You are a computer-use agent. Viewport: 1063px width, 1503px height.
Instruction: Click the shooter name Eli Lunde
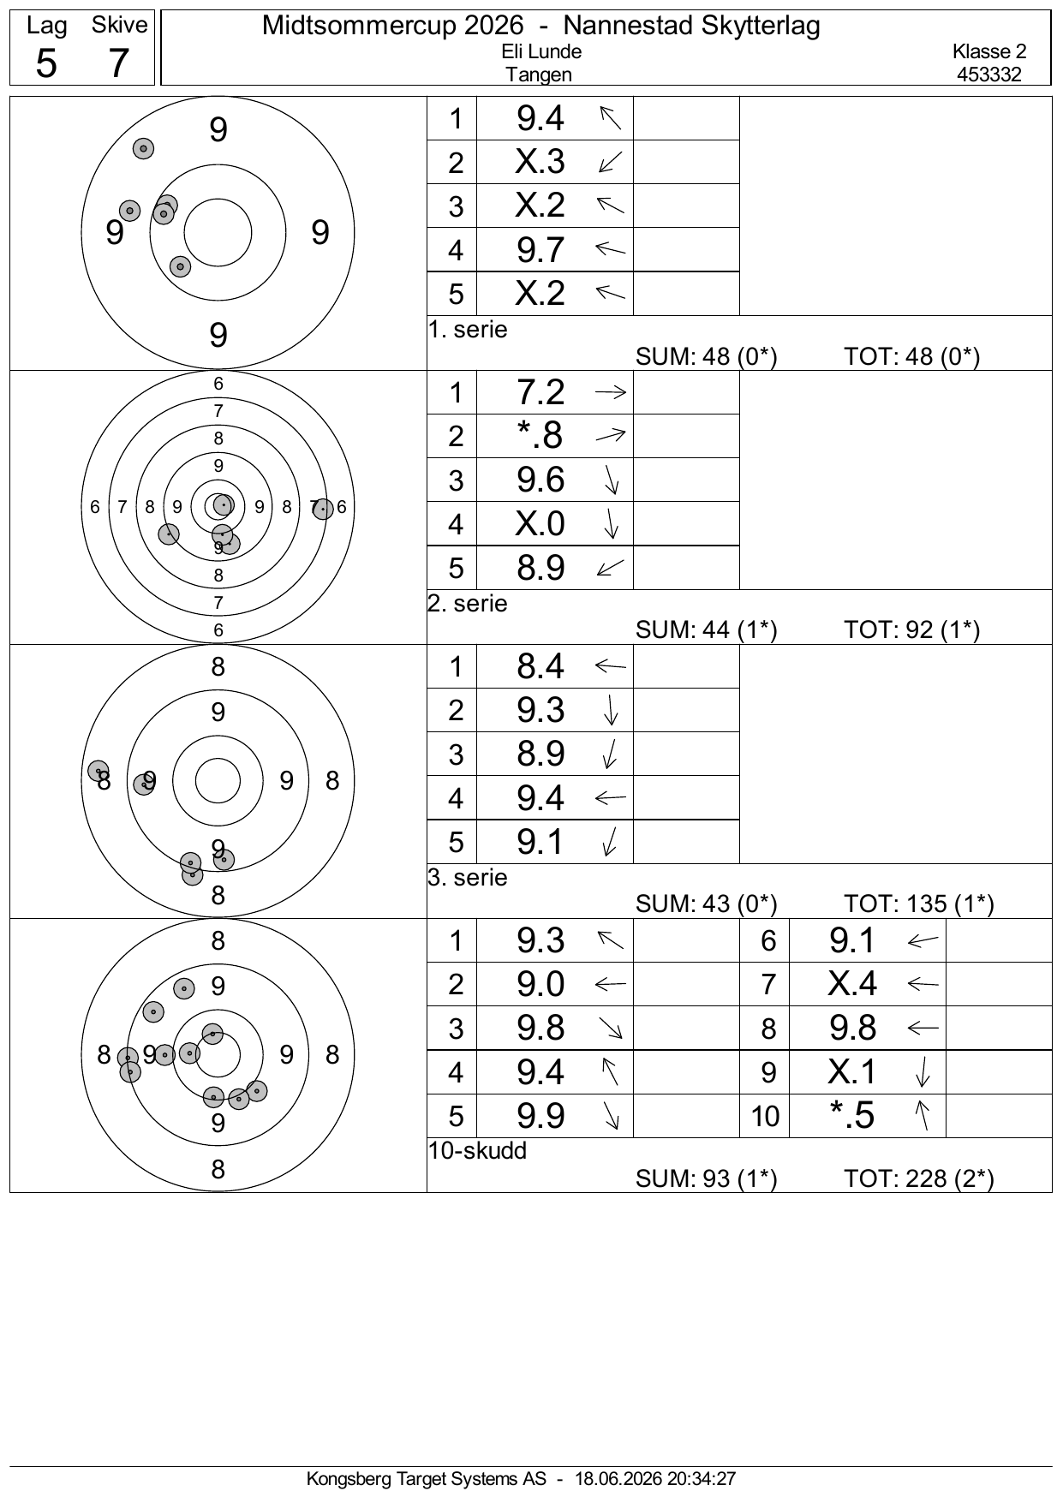pyautogui.click(x=541, y=51)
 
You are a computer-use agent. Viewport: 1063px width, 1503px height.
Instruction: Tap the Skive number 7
pyautogui.click(x=118, y=63)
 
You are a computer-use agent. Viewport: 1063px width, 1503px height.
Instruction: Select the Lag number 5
pyautogui.click(x=46, y=63)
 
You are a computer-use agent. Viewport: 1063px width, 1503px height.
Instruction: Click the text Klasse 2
pyautogui.click(x=989, y=51)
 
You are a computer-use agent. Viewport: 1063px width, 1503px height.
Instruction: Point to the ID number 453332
pyautogui.click(x=989, y=75)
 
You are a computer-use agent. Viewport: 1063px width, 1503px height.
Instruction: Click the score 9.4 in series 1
pyautogui.click(x=540, y=118)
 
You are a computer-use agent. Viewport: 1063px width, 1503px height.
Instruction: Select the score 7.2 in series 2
pyautogui.click(x=540, y=392)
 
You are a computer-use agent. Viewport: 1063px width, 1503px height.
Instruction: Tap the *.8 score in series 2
pyautogui.click(x=540, y=436)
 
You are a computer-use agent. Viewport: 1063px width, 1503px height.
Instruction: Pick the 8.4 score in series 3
pyautogui.click(x=540, y=666)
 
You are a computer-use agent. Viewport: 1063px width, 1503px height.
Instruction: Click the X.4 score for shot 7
pyautogui.click(x=852, y=984)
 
